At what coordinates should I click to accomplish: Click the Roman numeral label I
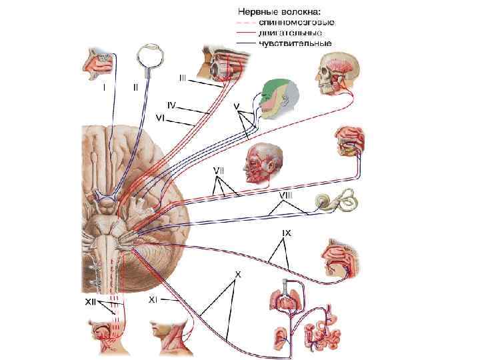click(x=103, y=87)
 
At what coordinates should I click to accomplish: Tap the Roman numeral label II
click(x=136, y=87)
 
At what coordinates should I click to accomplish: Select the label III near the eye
click(x=183, y=78)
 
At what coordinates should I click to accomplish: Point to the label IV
click(x=171, y=105)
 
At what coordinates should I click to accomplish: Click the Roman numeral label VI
click(x=160, y=117)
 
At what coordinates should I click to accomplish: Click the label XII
click(x=92, y=302)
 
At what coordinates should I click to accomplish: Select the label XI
click(x=152, y=300)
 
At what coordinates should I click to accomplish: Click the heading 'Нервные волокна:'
click(x=279, y=11)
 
